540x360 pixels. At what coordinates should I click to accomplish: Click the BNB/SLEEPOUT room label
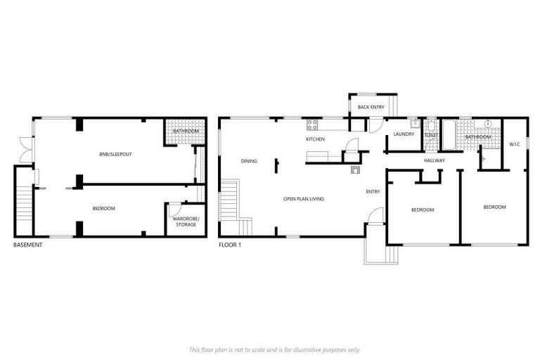pos(112,153)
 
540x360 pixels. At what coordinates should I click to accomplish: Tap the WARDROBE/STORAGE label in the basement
pos(186,222)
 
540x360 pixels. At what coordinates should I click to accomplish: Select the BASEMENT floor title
pos(28,245)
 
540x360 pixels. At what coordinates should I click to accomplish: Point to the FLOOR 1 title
pos(230,245)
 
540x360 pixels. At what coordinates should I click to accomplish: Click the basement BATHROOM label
pos(186,131)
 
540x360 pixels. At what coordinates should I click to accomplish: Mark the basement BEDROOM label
pos(103,209)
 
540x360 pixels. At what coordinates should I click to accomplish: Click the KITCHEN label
pos(315,139)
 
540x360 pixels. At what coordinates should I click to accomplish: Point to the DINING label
pos(249,161)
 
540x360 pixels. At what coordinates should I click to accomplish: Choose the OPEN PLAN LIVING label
pos(304,199)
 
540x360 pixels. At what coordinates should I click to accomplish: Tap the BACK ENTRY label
pos(371,107)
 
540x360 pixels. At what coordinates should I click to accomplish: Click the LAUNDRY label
pos(404,134)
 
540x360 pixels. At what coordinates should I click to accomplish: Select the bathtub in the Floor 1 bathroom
pos(449,135)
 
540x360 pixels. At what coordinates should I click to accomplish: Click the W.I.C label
pos(514,144)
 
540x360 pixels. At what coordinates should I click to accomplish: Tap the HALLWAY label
pos(435,161)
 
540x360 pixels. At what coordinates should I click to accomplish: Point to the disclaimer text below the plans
pos(275,349)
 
